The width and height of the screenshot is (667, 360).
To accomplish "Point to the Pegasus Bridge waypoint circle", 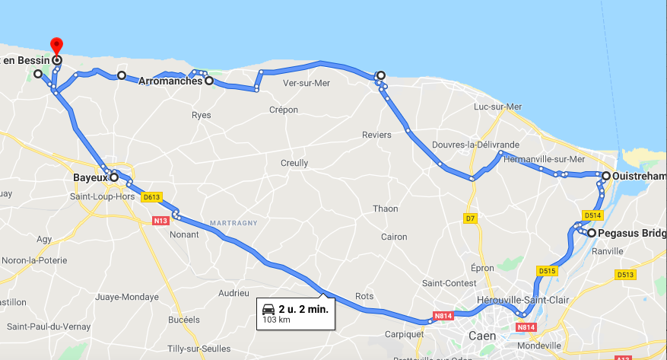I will click(x=591, y=233).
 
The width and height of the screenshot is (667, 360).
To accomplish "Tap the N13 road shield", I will click(x=160, y=221).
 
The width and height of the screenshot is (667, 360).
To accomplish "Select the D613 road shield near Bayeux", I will click(x=151, y=196).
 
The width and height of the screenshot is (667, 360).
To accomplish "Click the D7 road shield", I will click(x=471, y=218).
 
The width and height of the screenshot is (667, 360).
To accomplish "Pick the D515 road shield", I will click(x=547, y=270).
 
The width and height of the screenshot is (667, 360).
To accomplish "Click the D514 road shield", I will click(x=593, y=215).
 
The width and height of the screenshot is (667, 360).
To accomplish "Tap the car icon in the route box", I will click(x=268, y=309).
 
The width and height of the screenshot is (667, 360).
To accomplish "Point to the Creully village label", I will click(x=294, y=163).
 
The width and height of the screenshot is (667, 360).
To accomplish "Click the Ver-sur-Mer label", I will click(x=306, y=84).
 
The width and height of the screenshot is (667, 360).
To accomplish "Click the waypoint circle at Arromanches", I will click(x=208, y=80).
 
